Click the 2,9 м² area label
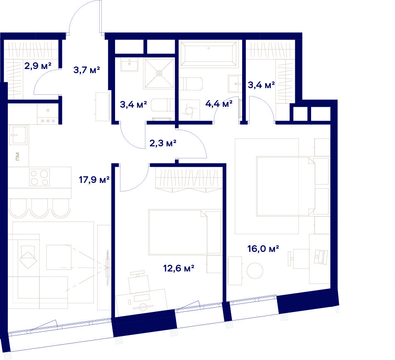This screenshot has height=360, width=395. (x=38, y=66)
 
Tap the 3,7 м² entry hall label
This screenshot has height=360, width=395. (x=87, y=69)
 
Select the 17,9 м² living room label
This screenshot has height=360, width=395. (x=94, y=180)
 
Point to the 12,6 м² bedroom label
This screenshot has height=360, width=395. (x=179, y=268)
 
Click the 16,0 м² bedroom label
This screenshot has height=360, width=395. (x=263, y=249)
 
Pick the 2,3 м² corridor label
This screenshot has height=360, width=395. (x=163, y=143)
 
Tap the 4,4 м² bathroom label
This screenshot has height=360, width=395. (x=219, y=104)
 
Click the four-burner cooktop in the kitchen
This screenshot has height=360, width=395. (x=39, y=178)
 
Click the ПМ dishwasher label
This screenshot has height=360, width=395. (x=17, y=156)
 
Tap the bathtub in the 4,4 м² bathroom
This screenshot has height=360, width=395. (x=209, y=54)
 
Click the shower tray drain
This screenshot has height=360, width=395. (x=159, y=73)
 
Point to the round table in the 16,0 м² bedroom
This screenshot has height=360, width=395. (x=255, y=271)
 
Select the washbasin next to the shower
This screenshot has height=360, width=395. (x=130, y=65)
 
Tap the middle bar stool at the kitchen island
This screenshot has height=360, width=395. (x=39, y=208)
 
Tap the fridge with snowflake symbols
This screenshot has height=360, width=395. (x=48, y=115)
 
